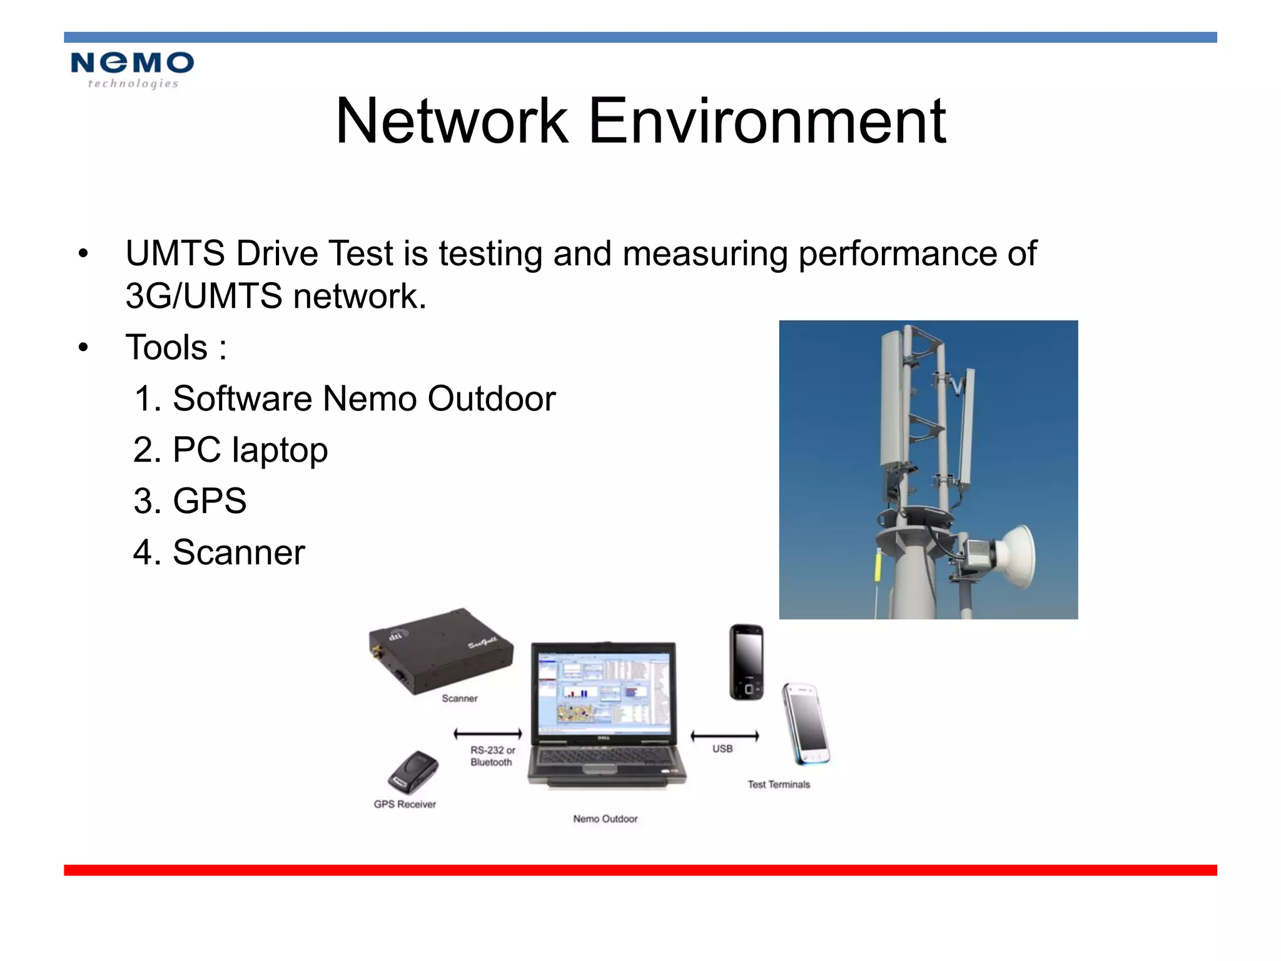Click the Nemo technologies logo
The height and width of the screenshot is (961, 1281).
[x=132, y=69]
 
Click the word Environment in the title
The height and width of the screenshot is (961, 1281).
[x=767, y=121]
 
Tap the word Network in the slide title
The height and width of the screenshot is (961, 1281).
[x=452, y=121]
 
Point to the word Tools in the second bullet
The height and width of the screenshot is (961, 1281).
[x=166, y=347]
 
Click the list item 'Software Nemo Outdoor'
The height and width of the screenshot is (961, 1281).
[x=345, y=399]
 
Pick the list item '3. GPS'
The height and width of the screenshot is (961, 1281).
[x=190, y=501]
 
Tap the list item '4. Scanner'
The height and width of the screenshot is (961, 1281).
[x=220, y=552]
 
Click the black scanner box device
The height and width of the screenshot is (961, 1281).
[x=440, y=650]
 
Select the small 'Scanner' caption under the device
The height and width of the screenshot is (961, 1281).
[x=460, y=698]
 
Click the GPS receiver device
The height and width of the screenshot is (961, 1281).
[x=413, y=772]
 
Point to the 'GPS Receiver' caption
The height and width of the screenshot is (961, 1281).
[x=405, y=805]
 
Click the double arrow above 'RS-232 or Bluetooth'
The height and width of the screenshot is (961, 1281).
[x=488, y=734]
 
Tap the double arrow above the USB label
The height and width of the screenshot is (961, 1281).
[x=724, y=736]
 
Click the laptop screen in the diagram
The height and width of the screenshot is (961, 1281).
[x=604, y=691]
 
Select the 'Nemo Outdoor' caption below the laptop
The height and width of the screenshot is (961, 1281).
[x=605, y=819]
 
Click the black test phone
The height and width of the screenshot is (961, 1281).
[x=747, y=662]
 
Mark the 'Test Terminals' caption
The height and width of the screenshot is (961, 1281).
[x=779, y=785]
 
